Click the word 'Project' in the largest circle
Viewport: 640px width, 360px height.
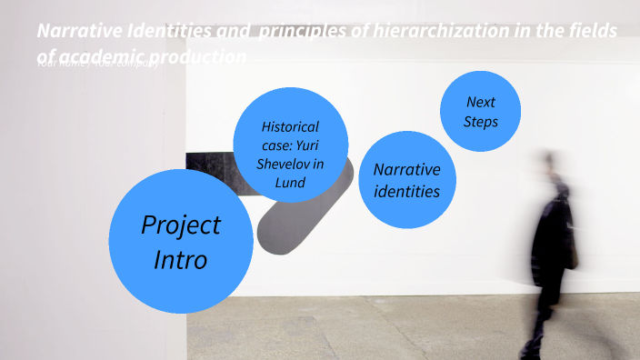pyautogui.click(x=181, y=225)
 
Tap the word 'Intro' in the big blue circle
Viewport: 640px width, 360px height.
pyautogui.click(x=180, y=259)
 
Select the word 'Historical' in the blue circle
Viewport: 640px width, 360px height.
pyautogui.click(x=290, y=126)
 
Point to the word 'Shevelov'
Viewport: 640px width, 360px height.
pyautogui.click(x=290, y=164)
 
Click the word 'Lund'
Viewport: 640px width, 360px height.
pyautogui.click(x=290, y=182)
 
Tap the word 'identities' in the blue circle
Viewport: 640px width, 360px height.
pyautogui.click(x=406, y=191)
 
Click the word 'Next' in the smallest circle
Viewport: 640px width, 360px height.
pyautogui.click(x=480, y=102)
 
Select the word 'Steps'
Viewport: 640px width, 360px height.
pyautogui.click(x=480, y=121)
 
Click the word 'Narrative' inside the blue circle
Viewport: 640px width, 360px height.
pyautogui.click(x=406, y=170)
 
